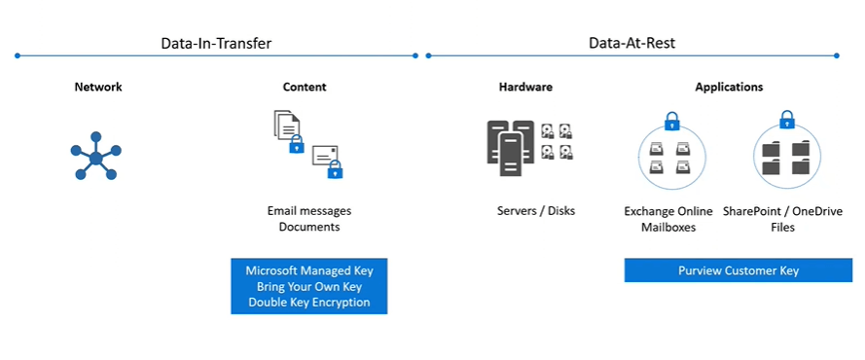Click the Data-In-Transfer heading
tap(216, 43)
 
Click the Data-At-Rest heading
tap(631, 43)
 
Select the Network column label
tap(98, 88)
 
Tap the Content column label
tap(305, 88)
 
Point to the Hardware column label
tap(525, 88)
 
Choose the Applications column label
tap(729, 88)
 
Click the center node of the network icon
tap(95, 157)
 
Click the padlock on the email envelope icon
tap(335, 170)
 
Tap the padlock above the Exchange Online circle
tap(671, 123)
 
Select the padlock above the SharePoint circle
tap(786, 122)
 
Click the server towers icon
tap(511, 148)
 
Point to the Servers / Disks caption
tap(536, 210)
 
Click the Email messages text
tap(309, 210)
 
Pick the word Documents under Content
tap(308, 227)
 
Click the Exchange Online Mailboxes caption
tap(668, 219)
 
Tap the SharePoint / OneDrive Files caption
tap(784, 219)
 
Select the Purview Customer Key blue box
tap(738, 270)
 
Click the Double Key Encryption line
tap(309, 303)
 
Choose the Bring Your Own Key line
tap(309, 287)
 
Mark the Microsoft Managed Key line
tap(309, 270)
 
